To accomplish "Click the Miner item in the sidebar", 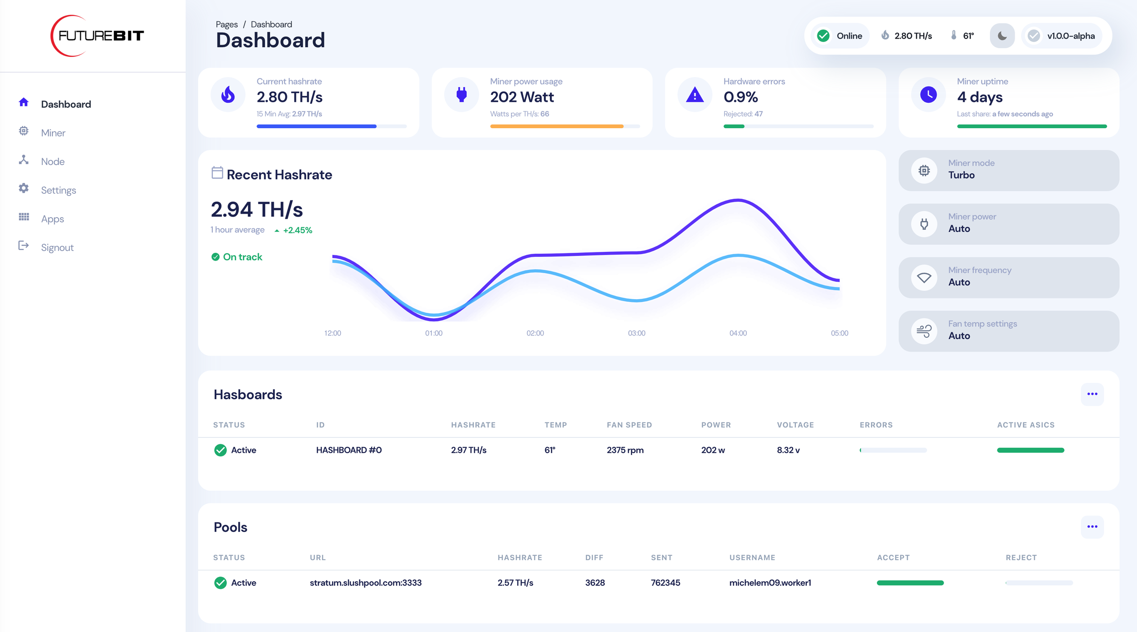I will (x=53, y=133).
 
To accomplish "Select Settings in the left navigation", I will (x=58, y=190).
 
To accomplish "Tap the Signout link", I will (x=57, y=247).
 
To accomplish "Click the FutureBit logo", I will (x=97, y=35).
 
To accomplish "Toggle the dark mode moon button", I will (x=1002, y=36).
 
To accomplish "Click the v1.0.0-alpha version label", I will (x=1070, y=36).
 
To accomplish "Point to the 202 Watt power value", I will (x=522, y=97).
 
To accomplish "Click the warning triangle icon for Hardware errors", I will (x=694, y=95).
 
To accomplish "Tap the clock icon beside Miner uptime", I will (x=928, y=95).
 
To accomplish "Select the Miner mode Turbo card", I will (x=1008, y=171).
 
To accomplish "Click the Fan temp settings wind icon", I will (x=924, y=331).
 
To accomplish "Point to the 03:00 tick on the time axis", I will (x=636, y=333).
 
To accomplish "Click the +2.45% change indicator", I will (x=297, y=230).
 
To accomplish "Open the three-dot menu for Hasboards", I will (x=1092, y=394).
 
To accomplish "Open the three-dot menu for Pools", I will (x=1092, y=527).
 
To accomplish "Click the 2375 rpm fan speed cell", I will (x=625, y=450).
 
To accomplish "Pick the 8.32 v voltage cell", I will (x=788, y=450).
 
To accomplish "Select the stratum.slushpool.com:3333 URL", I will (x=366, y=582).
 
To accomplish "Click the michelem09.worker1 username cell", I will (x=770, y=582).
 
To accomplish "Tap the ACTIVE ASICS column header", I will (x=1026, y=425).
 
